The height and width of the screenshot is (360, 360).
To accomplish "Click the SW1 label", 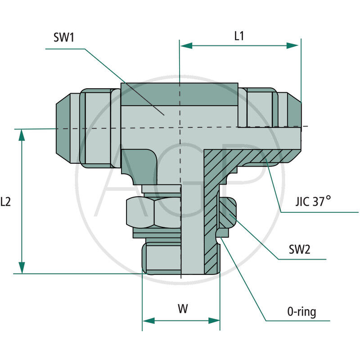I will pos(63,38).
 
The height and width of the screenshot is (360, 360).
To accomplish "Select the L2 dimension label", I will pos(6,202).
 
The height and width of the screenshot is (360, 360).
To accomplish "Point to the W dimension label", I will pos(182,309).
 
